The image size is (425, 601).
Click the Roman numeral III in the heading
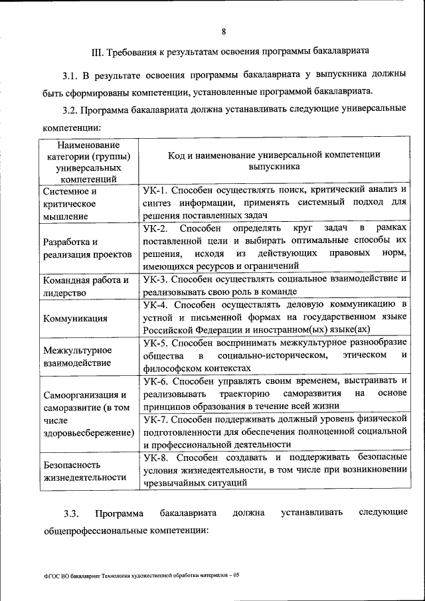96,50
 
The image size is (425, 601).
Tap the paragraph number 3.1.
71,74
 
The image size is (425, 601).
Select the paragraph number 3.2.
71,108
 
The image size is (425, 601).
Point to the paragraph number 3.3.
71,513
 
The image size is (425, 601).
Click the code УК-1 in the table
156,191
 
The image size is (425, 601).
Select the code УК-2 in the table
156,228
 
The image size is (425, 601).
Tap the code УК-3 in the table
156,279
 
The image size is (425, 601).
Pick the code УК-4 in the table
156,304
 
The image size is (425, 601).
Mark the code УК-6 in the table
156,381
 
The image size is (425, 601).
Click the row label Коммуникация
75,318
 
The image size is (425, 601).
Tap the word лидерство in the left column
65,293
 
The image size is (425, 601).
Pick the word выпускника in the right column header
274,167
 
